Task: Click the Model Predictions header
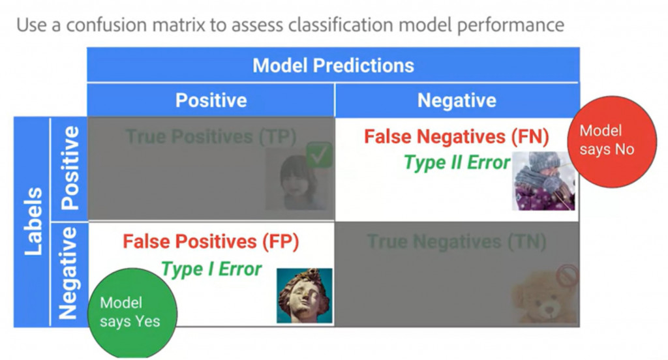click(333, 65)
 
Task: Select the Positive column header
click(211, 100)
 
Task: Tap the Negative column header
click(457, 100)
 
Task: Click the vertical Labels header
click(33, 221)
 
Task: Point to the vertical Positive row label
click(69, 168)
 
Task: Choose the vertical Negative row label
click(69, 273)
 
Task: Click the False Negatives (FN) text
click(456, 137)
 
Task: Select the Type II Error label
click(457, 162)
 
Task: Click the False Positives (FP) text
click(211, 242)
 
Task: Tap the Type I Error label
click(211, 269)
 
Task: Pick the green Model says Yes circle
click(130, 312)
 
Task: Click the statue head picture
click(305, 295)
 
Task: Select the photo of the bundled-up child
click(543, 181)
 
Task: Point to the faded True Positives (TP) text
click(211, 137)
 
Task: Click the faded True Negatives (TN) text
click(456, 243)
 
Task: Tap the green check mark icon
click(319, 155)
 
